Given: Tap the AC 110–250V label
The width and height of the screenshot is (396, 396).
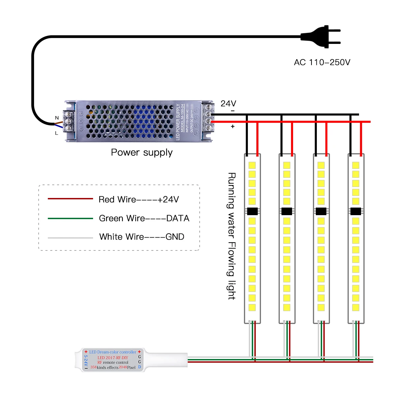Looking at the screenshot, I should click(322, 62).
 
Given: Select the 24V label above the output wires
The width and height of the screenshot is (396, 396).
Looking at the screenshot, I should click(228, 104).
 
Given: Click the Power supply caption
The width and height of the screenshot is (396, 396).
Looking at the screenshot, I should click(142, 152).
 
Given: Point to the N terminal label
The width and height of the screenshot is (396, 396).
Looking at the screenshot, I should click(57, 118).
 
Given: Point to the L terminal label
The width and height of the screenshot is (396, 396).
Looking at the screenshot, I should click(56, 133).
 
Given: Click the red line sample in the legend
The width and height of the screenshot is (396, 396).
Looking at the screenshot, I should click(70, 199).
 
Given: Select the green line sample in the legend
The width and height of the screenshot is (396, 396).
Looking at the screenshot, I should click(70, 218).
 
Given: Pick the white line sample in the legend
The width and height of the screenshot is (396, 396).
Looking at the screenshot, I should click(70, 237).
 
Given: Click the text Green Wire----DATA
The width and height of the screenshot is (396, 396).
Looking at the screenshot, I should click(144, 218).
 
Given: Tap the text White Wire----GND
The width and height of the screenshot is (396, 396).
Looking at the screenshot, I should click(142, 237).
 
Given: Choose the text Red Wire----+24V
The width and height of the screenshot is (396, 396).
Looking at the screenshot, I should click(139, 200).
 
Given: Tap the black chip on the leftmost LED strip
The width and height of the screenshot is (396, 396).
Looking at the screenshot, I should click(252, 211).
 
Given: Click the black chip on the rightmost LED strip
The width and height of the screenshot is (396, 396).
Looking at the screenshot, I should click(355, 211).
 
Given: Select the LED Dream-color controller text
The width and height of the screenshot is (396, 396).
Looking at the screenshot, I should click(113, 352).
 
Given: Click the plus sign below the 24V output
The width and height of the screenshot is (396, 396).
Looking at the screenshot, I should click(233, 126).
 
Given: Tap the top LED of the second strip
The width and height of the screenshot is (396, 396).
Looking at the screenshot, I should click(287, 165).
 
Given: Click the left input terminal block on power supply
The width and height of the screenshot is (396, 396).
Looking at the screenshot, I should click(69, 121).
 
